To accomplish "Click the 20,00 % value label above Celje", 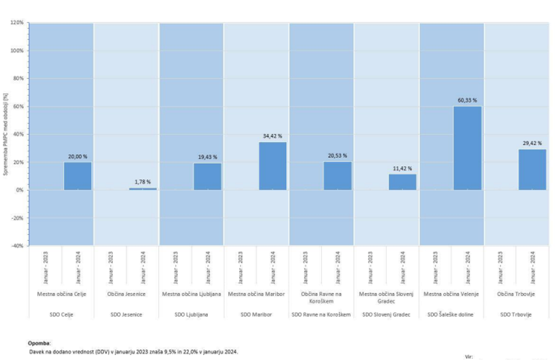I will click(x=77, y=157).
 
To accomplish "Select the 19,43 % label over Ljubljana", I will click(x=207, y=157).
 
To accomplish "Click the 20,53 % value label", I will click(x=337, y=157).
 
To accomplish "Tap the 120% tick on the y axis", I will click(x=17, y=23).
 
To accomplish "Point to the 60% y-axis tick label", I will click(x=17, y=106).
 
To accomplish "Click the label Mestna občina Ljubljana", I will click(x=191, y=294).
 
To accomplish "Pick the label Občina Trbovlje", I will click(x=516, y=294).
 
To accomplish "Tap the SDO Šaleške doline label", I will click(x=451, y=314).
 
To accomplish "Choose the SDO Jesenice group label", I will click(x=127, y=314).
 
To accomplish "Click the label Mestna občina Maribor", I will click(x=256, y=294).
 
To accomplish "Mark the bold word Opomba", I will click(x=40, y=342).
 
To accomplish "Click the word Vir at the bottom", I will click(x=470, y=357).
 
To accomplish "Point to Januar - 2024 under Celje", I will click(x=77, y=268).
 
